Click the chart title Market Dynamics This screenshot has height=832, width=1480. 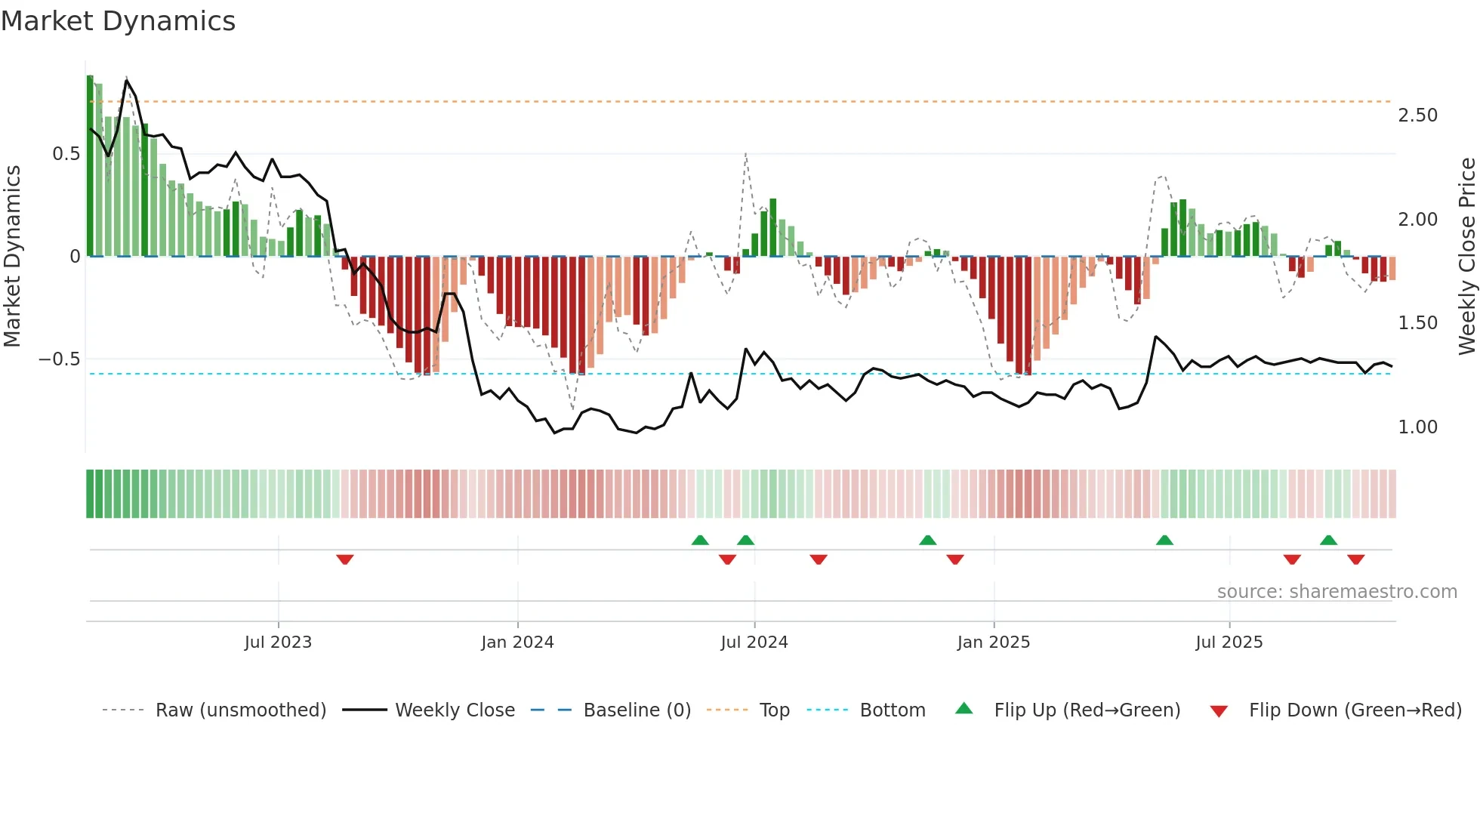tap(119, 21)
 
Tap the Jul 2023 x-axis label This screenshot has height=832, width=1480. tap(278, 642)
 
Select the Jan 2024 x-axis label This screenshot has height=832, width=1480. tap(517, 642)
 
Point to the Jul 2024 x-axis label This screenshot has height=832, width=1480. tap(754, 642)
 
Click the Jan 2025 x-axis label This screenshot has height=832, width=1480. tap(993, 642)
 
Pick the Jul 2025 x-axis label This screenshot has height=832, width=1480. tap(1229, 642)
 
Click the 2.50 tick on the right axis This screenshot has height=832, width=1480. tap(1417, 116)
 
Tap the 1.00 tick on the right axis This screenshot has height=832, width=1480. tap(1417, 427)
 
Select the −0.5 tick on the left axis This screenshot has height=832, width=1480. tap(59, 359)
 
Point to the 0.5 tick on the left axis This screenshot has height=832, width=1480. tap(66, 154)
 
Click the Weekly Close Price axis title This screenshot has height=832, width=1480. tap(1466, 256)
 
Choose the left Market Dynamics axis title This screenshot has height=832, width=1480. tap(12, 256)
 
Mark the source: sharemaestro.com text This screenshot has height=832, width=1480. tap(1337, 592)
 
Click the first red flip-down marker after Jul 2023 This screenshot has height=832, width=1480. tap(345, 559)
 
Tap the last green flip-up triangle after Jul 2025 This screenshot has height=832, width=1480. tap(1328, 540)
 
